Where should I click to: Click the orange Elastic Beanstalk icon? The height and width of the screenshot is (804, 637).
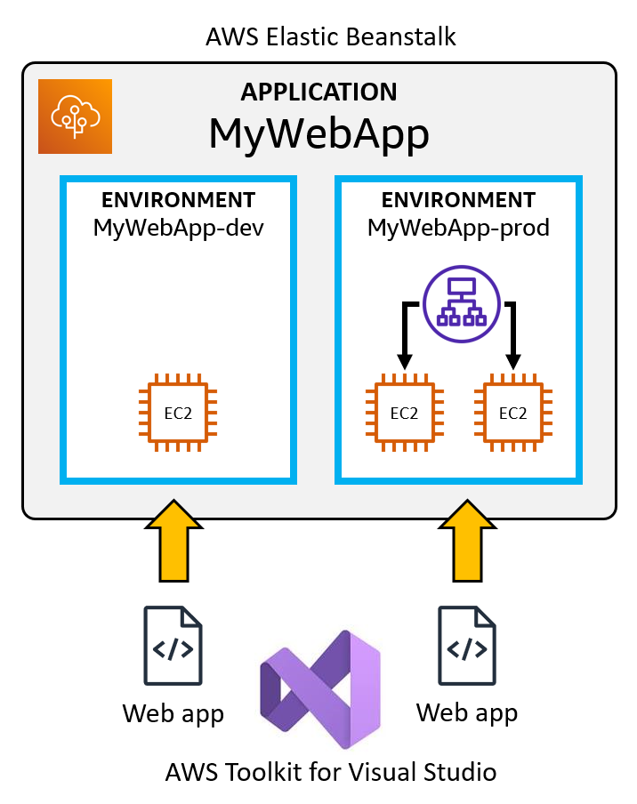[x=75, y=117]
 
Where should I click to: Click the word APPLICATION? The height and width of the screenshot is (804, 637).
[x=318, y=92]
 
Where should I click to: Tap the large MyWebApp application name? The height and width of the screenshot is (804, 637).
[x=318, y=133]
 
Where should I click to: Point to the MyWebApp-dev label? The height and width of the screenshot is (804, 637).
[x=179, y=228]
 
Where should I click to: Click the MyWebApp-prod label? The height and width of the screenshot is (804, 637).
[x=458, y=228]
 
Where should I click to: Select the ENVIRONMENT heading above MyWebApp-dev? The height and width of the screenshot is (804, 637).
[x=179, y=200]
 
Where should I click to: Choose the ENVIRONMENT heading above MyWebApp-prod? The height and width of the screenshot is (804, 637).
[x=458, y=200]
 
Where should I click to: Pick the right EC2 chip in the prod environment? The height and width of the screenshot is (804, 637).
[x=513, y=413]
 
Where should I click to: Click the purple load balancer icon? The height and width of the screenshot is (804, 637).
[x=459, y=304]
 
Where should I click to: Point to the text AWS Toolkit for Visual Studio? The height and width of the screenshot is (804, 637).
[x=330, y=771]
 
